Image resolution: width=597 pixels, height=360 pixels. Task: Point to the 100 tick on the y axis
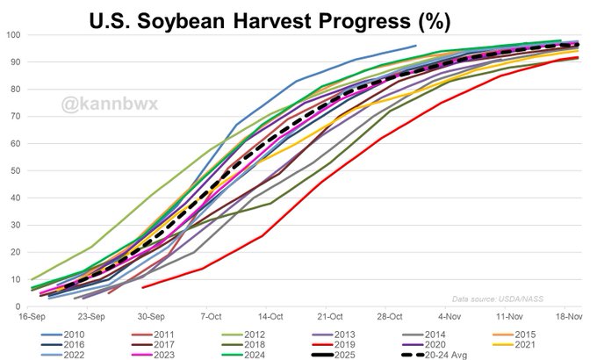tap(13, 35)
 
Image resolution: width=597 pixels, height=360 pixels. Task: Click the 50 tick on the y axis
tap(15, 170)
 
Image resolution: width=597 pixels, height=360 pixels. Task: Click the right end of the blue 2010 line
tap(416, 46)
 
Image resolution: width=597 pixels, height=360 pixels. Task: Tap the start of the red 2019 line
tap(142, 287)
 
